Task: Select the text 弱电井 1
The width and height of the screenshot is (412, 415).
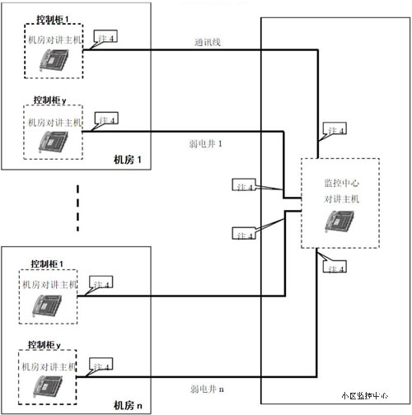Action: click(x=207, y=143)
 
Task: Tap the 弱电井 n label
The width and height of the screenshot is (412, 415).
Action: click(x=207, y=387)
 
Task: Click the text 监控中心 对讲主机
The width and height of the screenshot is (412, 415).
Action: click(x=339, y=192)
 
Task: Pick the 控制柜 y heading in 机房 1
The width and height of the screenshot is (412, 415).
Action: click(x=51, y=99)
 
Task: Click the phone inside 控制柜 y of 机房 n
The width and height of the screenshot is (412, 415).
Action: click(x=49, y=385)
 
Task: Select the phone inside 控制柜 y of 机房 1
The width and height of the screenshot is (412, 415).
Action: click(x=53, y=141)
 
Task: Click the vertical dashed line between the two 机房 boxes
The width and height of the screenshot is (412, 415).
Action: click(x=78, y=208)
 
